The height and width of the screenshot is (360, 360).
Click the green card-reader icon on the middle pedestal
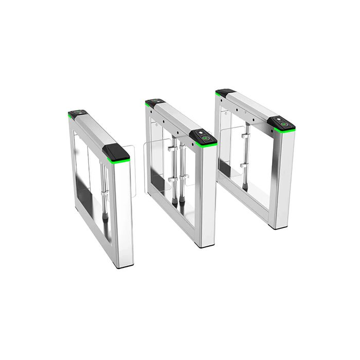tap(207, 138)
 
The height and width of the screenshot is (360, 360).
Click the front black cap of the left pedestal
tap(116, 152)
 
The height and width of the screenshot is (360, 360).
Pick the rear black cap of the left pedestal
tap(77, 114)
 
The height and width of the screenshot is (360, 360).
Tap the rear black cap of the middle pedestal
tap(154, 102)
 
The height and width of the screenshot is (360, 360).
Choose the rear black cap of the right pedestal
tap(225, 93)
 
